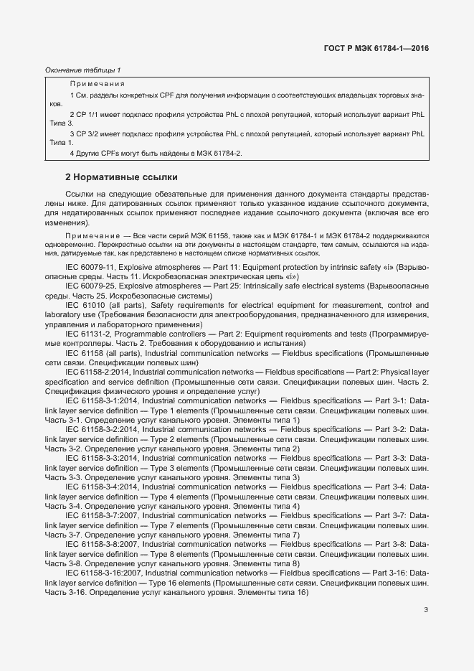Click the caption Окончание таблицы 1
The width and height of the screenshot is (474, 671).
(82, 70)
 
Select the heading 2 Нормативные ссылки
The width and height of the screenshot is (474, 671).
(121, 177)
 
